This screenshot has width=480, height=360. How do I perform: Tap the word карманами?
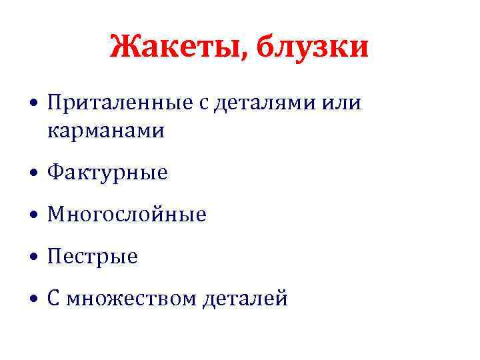tap(105, 131)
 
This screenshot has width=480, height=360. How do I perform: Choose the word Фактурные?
tap(107, 173)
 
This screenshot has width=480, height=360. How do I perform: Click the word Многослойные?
tap(127, 215)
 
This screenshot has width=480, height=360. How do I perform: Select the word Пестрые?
tap(93, 257)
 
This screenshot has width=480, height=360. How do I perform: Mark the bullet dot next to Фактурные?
tap(33, 175)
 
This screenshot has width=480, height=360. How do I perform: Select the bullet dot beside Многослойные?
tap(33, 216)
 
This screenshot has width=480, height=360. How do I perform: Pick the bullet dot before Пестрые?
tap(33, 258)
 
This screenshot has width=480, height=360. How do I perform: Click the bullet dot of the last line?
tap(33, 300)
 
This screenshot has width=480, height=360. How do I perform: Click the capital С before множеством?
tap(53, 299)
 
